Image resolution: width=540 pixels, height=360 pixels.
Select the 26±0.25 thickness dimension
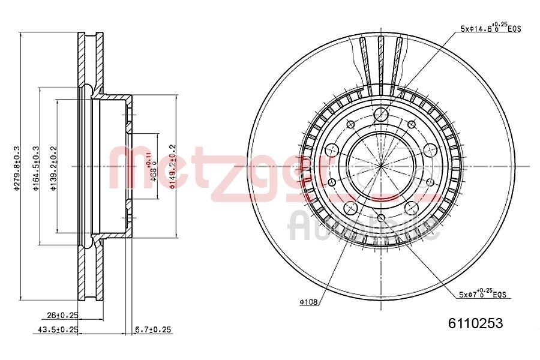(x=62, y=314)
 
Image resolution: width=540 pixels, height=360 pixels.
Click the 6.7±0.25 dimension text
(x=154, y=329)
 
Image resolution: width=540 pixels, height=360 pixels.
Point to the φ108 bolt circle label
(x=309, y=302)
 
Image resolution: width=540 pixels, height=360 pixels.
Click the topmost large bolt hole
(x=380, y=116)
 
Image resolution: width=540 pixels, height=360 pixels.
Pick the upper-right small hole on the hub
(x=411, y=124)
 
